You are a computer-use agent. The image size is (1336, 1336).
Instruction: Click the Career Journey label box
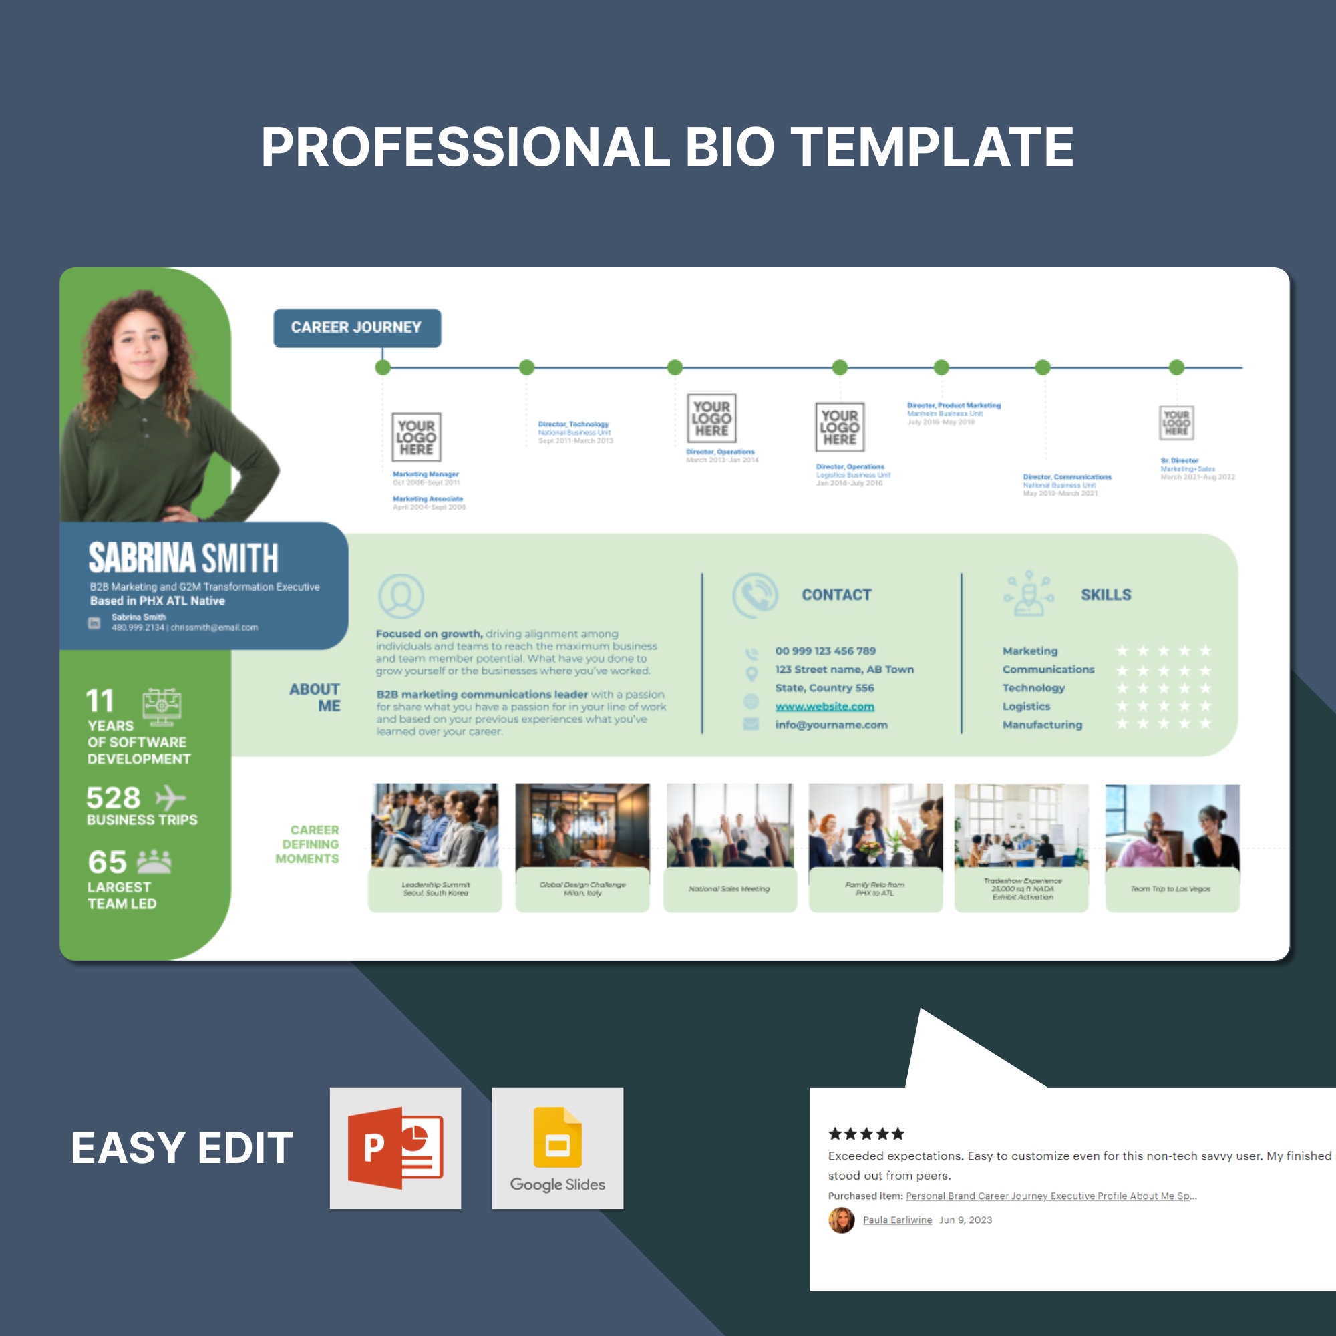click(357, 328)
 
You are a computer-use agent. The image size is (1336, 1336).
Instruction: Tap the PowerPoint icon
click(395, 1148)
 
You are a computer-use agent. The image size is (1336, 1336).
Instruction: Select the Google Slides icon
click(557, 1148)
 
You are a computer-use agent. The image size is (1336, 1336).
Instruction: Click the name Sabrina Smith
click(183, 558)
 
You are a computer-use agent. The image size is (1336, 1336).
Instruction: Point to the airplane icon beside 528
click(170, 798)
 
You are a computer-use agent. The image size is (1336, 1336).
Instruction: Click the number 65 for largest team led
click(107, 862)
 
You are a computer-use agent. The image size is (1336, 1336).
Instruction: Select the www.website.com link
click(824, 706)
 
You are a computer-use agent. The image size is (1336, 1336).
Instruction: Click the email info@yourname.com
click(831, 725)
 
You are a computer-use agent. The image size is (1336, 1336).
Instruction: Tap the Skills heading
click(1106, 595)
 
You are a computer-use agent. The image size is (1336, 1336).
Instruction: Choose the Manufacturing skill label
click(1042, 725)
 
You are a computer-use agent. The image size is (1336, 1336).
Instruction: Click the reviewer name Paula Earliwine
click(897, 1220)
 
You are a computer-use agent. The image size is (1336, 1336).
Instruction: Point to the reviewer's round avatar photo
click(841, 1220)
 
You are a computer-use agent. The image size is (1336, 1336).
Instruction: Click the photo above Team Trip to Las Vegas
click(1172, 825)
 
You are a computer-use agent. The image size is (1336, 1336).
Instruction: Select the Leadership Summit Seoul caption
click(436, 889)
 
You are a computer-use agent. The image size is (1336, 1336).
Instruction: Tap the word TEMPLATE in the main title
click(932, 146)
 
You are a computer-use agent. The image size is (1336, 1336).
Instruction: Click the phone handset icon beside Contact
click(755, 595)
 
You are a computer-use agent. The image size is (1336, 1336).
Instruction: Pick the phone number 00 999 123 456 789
click(825, 651)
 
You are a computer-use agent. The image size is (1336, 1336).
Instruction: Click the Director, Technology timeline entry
click(574, 432)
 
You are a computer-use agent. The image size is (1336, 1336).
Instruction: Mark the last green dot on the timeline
click(1176, 367)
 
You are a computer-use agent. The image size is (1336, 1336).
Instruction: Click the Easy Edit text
click(182, 1148)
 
